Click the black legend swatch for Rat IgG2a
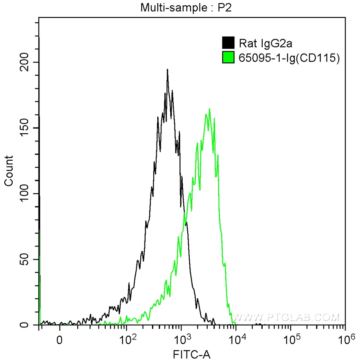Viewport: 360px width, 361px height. (228, 43)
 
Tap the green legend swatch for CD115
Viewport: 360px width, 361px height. (228, 57)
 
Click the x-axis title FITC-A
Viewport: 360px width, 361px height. (192, 354)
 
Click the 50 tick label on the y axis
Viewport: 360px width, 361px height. (25, 259)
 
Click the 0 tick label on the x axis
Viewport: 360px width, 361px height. (60, 339)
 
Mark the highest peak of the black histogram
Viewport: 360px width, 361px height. (167, 69)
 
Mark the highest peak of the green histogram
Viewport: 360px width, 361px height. (209, 109)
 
